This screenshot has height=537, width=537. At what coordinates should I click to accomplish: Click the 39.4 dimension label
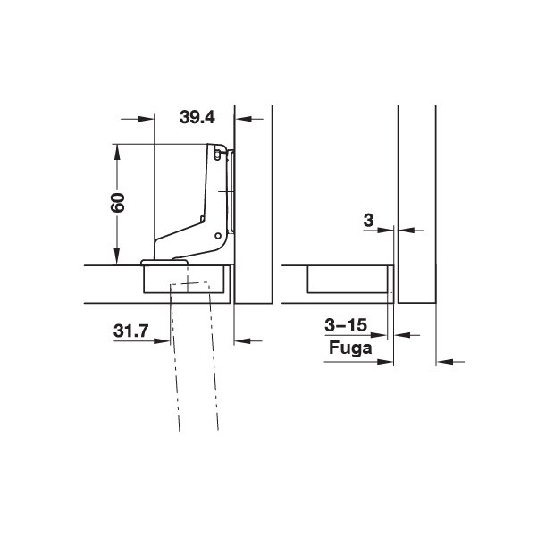click(197, 117)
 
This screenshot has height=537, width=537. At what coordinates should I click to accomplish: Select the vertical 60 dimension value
click(118, 203)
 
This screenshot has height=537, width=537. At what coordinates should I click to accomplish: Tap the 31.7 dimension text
click(131, 331)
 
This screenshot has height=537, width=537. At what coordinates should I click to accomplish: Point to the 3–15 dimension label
click(346, 325)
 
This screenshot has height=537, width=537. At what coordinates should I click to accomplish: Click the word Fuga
click(350, 348)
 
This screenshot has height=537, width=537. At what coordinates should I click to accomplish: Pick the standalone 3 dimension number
click(368, 220)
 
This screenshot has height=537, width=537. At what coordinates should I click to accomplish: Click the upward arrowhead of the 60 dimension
click(117, 152)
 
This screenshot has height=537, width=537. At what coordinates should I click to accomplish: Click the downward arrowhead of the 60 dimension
click(117, 256)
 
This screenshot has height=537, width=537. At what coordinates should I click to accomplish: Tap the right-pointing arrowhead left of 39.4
click(147, 119)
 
